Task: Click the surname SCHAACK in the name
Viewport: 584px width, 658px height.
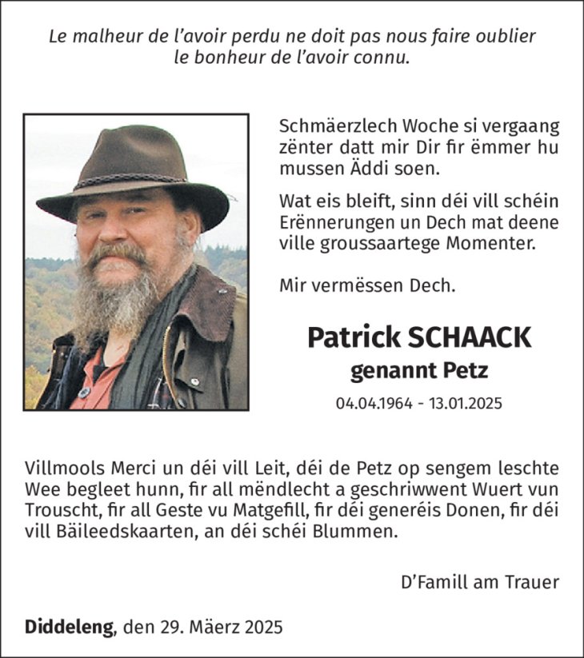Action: (470, 337)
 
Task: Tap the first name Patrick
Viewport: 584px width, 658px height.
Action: (354, 337)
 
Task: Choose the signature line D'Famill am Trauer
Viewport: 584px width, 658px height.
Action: (479, 582)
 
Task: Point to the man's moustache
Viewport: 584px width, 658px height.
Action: (118, 255)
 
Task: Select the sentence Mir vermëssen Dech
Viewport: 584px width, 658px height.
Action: (367, 284)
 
